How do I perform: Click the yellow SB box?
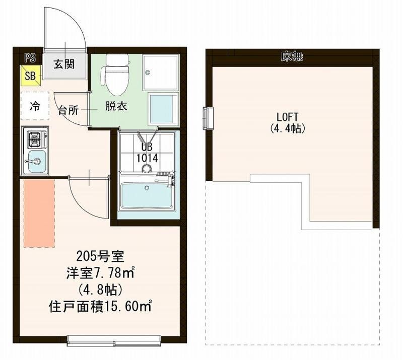click(30, 76)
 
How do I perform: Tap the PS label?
click(30, 58)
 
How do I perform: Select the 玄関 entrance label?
click(64, 64)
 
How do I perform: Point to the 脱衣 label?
click(115, 106)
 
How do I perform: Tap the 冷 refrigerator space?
click(35, 106)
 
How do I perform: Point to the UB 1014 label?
click(147, 153)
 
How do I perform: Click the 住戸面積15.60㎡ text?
click(100, 306)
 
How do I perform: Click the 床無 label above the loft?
click(292, 57)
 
